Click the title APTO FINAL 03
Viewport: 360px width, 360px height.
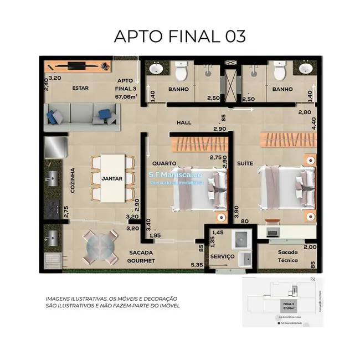click(x=179, y=36)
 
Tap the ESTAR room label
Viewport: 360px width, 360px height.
click(x=81, y=88)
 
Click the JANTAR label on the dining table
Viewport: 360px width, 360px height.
click(x=115, y=179)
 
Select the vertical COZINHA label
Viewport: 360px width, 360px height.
click(x=73, y=180)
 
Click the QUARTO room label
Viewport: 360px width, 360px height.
click(x=164, y=163)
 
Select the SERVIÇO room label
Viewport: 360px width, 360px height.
click(x=222, y=257)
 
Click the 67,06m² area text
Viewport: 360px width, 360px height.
click(x=126, y=96)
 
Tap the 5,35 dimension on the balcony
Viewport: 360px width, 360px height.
click(x=196, y=265)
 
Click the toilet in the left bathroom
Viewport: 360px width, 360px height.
click(x=181, y=71)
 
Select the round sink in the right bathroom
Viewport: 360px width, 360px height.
click(x=304, y=69)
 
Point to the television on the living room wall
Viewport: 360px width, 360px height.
click(x=75, y=65)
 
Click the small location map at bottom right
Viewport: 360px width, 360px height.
click(x=282, y=302)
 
